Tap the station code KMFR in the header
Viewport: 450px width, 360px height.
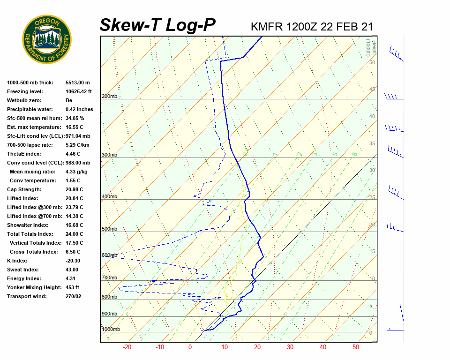click(x=267, y=27)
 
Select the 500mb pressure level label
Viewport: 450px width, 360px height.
click(x=109, y=229)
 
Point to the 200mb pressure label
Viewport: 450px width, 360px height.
click(x=109, y=97)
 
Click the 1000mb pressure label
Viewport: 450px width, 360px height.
click(x=111, y=330)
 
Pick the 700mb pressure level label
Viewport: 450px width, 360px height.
click(x=109, y=278)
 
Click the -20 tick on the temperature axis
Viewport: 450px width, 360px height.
click(x=127, y=347)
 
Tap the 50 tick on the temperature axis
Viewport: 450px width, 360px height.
click(x=356, y=347)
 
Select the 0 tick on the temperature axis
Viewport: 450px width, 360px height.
click(x=190, y=347)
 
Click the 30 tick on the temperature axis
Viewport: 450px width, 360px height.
click(x=290, y=347)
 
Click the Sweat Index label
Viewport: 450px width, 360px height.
click(x=23, y=270)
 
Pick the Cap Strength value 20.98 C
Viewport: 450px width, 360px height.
click(x=74, y=190)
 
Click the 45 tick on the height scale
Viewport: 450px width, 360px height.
click(x=372, y=90)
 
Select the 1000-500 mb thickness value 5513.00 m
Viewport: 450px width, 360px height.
click(x=77, y=83)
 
